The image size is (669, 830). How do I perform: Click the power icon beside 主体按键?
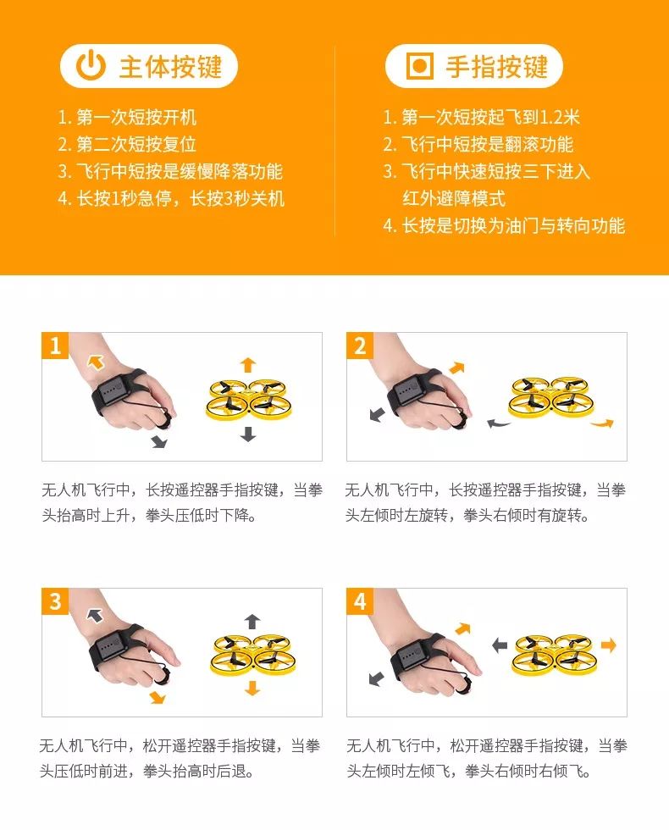click(x=91, y=67)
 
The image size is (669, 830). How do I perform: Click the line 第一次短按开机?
click(x=127, y=118)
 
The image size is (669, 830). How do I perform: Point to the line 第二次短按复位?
click(x=127, y=144)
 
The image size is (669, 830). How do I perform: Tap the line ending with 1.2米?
click(x=481, y=118)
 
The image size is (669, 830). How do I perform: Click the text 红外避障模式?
click(x=453, y=198)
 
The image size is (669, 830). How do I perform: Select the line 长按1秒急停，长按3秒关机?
click(x=171, y=198)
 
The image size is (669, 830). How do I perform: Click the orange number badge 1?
click(x=55, y=346)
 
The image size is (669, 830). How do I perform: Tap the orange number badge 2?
click(x=360, y=346)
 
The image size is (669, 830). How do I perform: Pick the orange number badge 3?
click(x=55, y=601)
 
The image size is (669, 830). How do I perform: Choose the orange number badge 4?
click(x=360, y=601)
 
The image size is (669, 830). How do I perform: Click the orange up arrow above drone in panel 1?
click(x=247, y=365)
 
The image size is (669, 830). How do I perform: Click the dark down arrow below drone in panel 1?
click(x=247, y=434)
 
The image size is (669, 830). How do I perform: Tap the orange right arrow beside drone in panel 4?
click(x=608, y=645)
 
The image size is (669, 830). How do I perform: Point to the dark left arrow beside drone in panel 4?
click(x=500, y=645)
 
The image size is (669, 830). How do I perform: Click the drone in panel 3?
click(x=252, y=655)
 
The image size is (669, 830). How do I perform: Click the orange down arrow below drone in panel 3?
click(x=252, y=688)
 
